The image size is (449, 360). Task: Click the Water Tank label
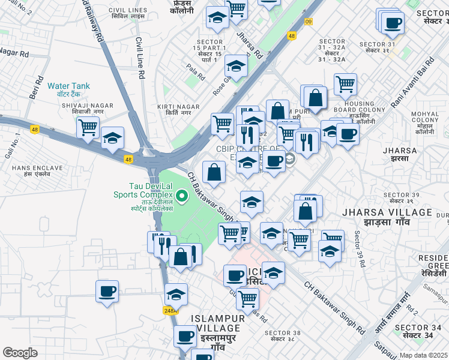click(69, 86)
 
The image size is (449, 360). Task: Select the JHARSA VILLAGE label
click(387, 212)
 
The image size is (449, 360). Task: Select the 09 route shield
click(309, 22)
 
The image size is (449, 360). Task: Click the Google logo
click(20, 353)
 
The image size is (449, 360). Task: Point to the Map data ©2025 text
click(424, 355)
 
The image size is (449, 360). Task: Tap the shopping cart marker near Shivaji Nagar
click(88, 127)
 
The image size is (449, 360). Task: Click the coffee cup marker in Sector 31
click(393, 23)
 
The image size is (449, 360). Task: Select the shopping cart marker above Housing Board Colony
click(345, 84)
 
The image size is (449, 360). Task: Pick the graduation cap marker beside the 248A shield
click(176, 294)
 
